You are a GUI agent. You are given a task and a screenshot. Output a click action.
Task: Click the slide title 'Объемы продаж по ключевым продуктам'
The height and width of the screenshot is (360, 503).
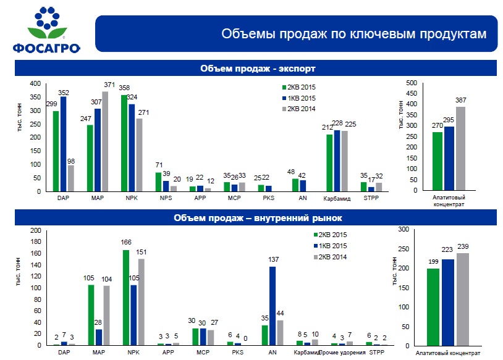click(x=354, y=34)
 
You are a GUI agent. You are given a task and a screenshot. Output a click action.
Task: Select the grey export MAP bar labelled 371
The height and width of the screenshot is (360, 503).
click(x=105, y=142)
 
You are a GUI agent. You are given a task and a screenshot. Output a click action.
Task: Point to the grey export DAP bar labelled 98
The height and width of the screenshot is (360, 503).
click(x=71, y=178)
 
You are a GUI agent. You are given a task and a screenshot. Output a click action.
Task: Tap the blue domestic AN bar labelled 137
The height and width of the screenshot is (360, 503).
click(x=273, y=306)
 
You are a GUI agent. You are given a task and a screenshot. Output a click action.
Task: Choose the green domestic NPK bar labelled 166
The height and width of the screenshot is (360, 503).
click(x=126, y=298)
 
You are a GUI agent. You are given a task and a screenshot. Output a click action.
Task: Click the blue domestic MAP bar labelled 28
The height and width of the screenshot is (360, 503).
click(x=99, y=337)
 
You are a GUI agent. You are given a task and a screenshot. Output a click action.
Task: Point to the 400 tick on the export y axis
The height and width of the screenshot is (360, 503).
click(x=36, y=83)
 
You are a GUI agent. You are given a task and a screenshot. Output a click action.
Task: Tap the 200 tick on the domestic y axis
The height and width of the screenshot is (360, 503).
click(x=36, y=230)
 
